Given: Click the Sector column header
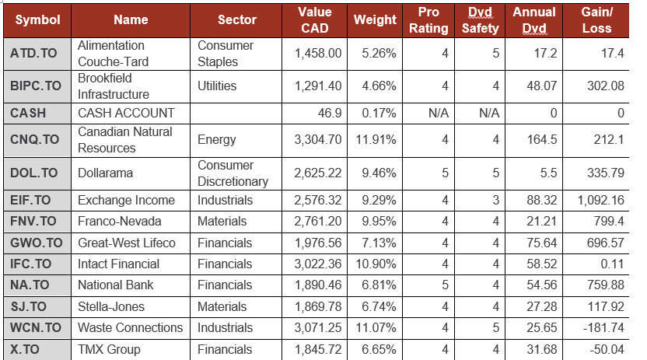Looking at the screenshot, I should point(237,20).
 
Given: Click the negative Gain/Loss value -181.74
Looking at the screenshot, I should point(601,327).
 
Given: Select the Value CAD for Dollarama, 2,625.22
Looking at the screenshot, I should point(317,173).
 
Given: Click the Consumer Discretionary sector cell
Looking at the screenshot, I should point(233,173).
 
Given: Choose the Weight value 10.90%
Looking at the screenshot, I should point(375,264).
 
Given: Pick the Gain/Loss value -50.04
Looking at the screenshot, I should point(604,349).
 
